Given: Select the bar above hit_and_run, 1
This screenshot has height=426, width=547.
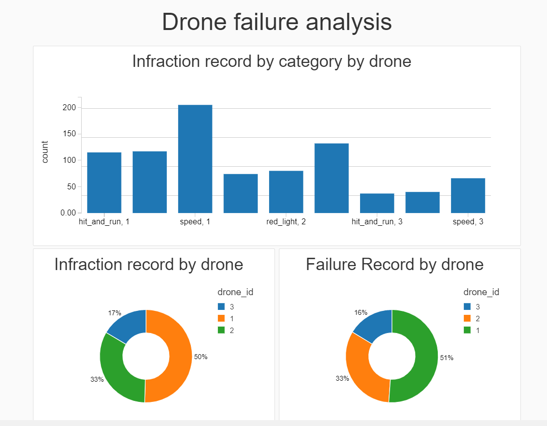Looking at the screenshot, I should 104,183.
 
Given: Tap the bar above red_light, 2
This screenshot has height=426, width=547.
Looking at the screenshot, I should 286,191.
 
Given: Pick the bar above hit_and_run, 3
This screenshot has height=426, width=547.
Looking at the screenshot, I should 377,203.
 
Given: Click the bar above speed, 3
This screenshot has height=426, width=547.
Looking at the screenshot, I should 468,195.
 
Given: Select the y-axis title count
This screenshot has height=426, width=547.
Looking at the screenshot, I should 45,152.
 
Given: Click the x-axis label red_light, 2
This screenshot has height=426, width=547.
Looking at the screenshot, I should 286,222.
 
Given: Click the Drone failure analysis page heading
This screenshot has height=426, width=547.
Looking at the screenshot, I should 276,22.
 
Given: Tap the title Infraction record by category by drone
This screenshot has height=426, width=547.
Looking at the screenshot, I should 272,61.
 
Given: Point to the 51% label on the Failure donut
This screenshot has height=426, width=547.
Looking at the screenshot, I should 447,358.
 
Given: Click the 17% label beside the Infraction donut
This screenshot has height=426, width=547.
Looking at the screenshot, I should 115,313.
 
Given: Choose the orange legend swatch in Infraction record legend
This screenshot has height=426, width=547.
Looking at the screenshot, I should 221,318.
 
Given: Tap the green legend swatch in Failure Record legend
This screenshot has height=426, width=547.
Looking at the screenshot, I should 467,330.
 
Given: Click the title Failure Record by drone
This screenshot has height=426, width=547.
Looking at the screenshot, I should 395,265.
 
